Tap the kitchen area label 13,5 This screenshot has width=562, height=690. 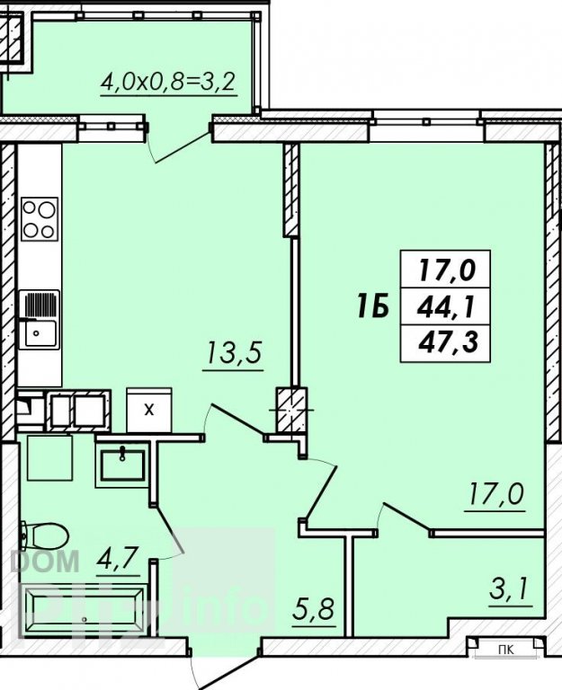click(x=233, y=353)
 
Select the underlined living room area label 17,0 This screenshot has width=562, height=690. click(x=495, y=495)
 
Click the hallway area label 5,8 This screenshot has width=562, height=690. click(x=314, y=610)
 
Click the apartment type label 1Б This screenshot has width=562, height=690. click(x=373, y=306)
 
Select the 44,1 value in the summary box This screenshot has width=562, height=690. click(x=446, y=306)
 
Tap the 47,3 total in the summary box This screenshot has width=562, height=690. click(x=448, y=342)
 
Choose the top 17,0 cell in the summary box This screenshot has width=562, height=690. click(x=448, y=270)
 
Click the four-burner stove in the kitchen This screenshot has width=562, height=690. click(x=40, y=219)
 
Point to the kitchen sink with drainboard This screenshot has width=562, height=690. click(x=40, y=320)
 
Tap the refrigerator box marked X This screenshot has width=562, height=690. click(x=149, y=410)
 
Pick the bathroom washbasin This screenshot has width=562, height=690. click(x=121, y=464)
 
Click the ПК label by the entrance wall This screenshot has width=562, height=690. click(x=506, y=650)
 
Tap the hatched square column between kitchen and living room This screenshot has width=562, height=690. click(x=291, y=410)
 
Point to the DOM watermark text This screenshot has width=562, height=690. click(x=45, y=561)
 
